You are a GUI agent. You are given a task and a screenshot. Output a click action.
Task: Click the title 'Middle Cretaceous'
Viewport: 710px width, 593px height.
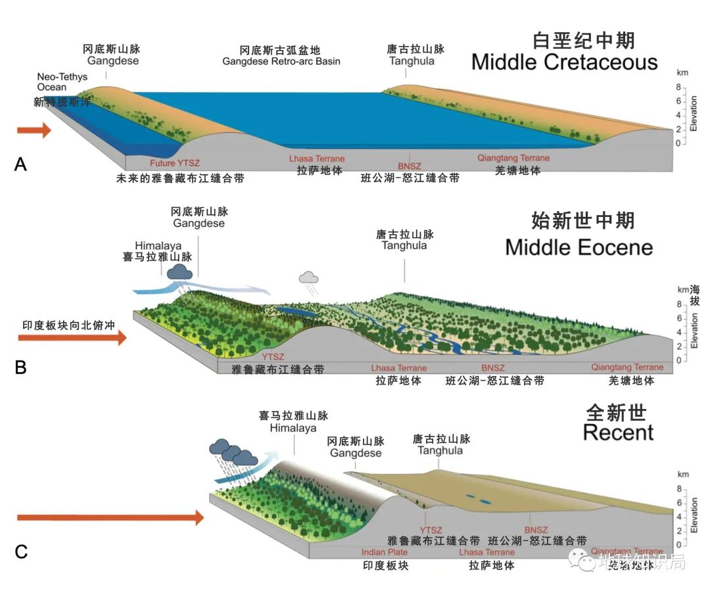pyautogui.click(x=564, y=62)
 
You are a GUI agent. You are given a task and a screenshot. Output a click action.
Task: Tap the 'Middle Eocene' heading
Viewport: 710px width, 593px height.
pyautogui.click(x=579, y=247)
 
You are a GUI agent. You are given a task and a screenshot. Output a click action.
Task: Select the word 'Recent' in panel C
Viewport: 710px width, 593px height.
pyautogui.click(x=618, y=433)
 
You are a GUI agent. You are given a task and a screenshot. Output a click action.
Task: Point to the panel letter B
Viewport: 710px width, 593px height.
pyautogui.click(x=20, y=367)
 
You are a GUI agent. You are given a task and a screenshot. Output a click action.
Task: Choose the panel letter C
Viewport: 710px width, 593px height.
pyautogui.click(x=21, y=552)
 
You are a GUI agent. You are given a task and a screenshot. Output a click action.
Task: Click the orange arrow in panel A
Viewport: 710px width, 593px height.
pyautogui.click(x=34, y=130)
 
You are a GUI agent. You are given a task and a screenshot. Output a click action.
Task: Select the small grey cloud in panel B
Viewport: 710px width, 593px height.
pyautogui.click(x=309, y=277)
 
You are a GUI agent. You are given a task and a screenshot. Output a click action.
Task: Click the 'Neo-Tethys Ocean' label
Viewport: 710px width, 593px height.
pyautogui.click(x=52, y=82)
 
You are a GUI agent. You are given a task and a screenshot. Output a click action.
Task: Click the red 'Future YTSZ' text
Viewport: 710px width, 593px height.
pyautogui.click(x=153, y=163)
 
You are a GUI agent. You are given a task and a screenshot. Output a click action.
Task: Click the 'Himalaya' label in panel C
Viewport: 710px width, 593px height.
pyautogui.click(x=293, y=428)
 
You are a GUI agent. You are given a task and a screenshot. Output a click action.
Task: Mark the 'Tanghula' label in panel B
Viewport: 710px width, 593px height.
pyautogui.click(x=404, y=245)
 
